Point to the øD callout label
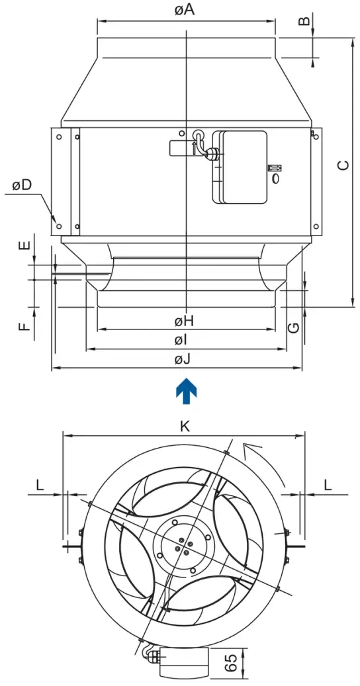click(x=22, y=185)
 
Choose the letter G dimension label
click(x=294, y=327)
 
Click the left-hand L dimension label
click(x=40, y=484)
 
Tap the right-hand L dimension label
click(x=328, y=484)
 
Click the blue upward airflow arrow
click(x=186, y=390)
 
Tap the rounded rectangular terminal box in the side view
click(x=243, y=166)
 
